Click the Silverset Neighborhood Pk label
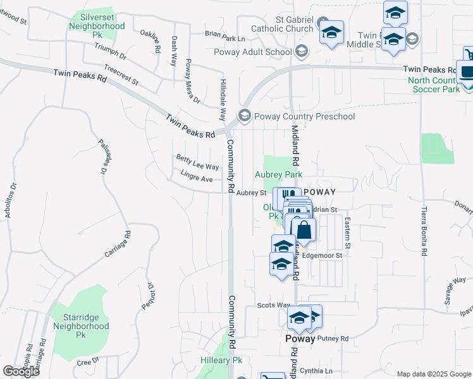click(x=97, y=27)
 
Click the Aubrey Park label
click(x=278, y=174)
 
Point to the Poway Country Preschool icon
click(x=244, y=116)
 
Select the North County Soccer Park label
click(x=434, y=85)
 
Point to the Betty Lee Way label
click(x=197, y=163)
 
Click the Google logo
click(x=21, y=371)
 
